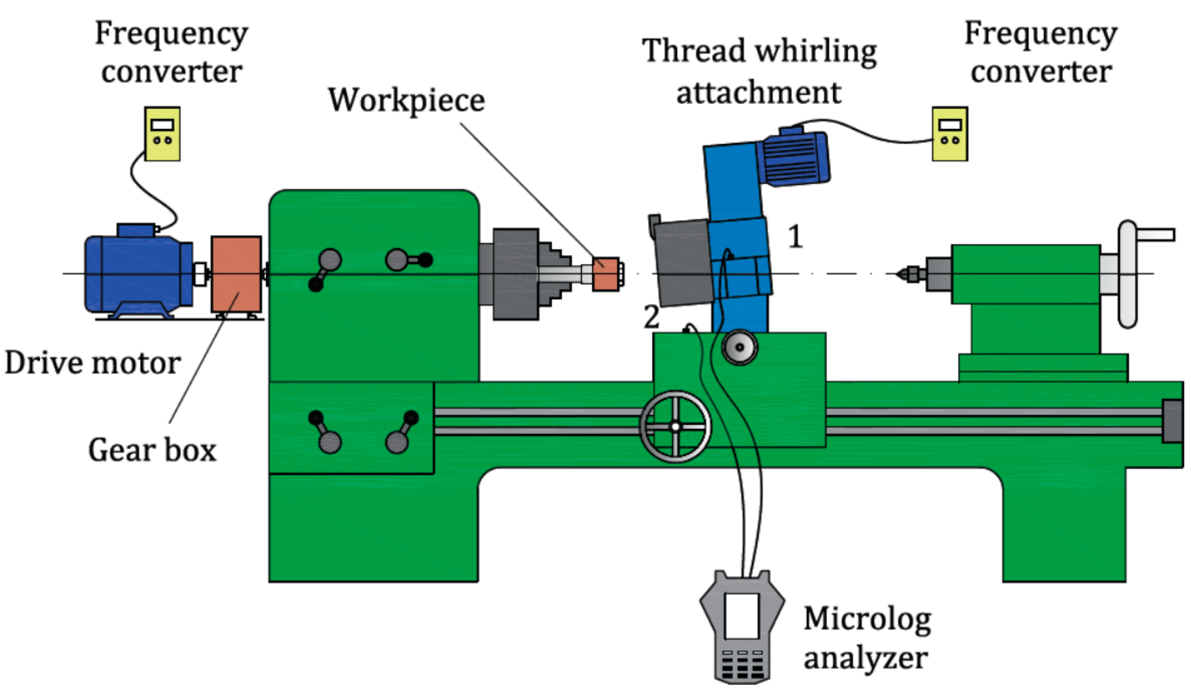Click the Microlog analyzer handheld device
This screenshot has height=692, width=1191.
742,628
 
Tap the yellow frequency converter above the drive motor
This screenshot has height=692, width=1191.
162,134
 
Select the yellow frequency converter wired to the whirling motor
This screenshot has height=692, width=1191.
950,134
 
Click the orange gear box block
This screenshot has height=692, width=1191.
236,274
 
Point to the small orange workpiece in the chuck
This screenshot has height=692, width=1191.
606,274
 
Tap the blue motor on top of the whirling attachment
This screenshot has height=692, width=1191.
795,157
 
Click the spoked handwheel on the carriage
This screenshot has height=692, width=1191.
675,426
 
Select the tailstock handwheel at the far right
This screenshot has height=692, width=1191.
1128,274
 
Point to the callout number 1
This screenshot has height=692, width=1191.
795,237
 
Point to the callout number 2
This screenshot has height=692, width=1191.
651,317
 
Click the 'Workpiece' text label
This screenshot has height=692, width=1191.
407,100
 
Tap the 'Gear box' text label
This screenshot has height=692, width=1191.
152,450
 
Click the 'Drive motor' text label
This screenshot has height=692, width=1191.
93,363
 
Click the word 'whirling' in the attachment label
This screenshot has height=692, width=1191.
815,52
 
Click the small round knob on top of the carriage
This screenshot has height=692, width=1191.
740,347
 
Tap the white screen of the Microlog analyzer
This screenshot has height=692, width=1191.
742,616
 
